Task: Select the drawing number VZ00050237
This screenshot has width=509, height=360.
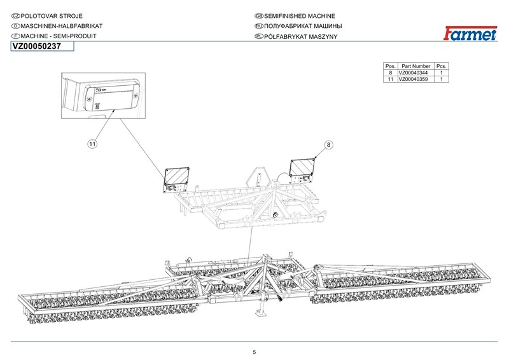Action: tap(37, 46)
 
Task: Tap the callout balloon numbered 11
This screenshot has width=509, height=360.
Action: tap(92, 144)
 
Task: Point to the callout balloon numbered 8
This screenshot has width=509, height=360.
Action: tap(329, 144)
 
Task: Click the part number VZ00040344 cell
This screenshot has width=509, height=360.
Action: tap(414, 73)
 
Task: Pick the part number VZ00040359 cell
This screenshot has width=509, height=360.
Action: tap(414, 79)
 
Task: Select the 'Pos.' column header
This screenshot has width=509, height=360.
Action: tap(391, 66)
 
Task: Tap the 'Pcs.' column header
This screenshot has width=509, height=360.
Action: tap(441, 66)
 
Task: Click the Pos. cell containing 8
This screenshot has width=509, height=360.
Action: tap(391, 73)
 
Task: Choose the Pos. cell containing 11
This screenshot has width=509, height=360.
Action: tap(391, 79)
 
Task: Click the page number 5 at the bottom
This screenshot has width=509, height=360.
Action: tap(254, 352)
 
